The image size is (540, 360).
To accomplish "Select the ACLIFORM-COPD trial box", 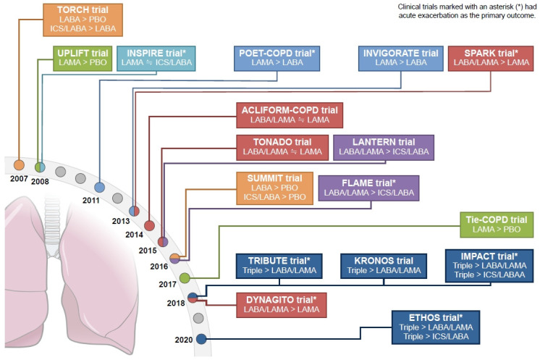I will tap(290, 115).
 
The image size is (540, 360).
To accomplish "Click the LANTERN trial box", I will tap(383, 148).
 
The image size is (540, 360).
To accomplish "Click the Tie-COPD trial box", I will tap(497, 225).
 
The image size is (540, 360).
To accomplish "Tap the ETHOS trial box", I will tap(436, 327).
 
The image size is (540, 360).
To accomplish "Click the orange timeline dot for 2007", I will tap(19, 167).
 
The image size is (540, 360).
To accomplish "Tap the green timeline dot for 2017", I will tap(185, 277).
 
